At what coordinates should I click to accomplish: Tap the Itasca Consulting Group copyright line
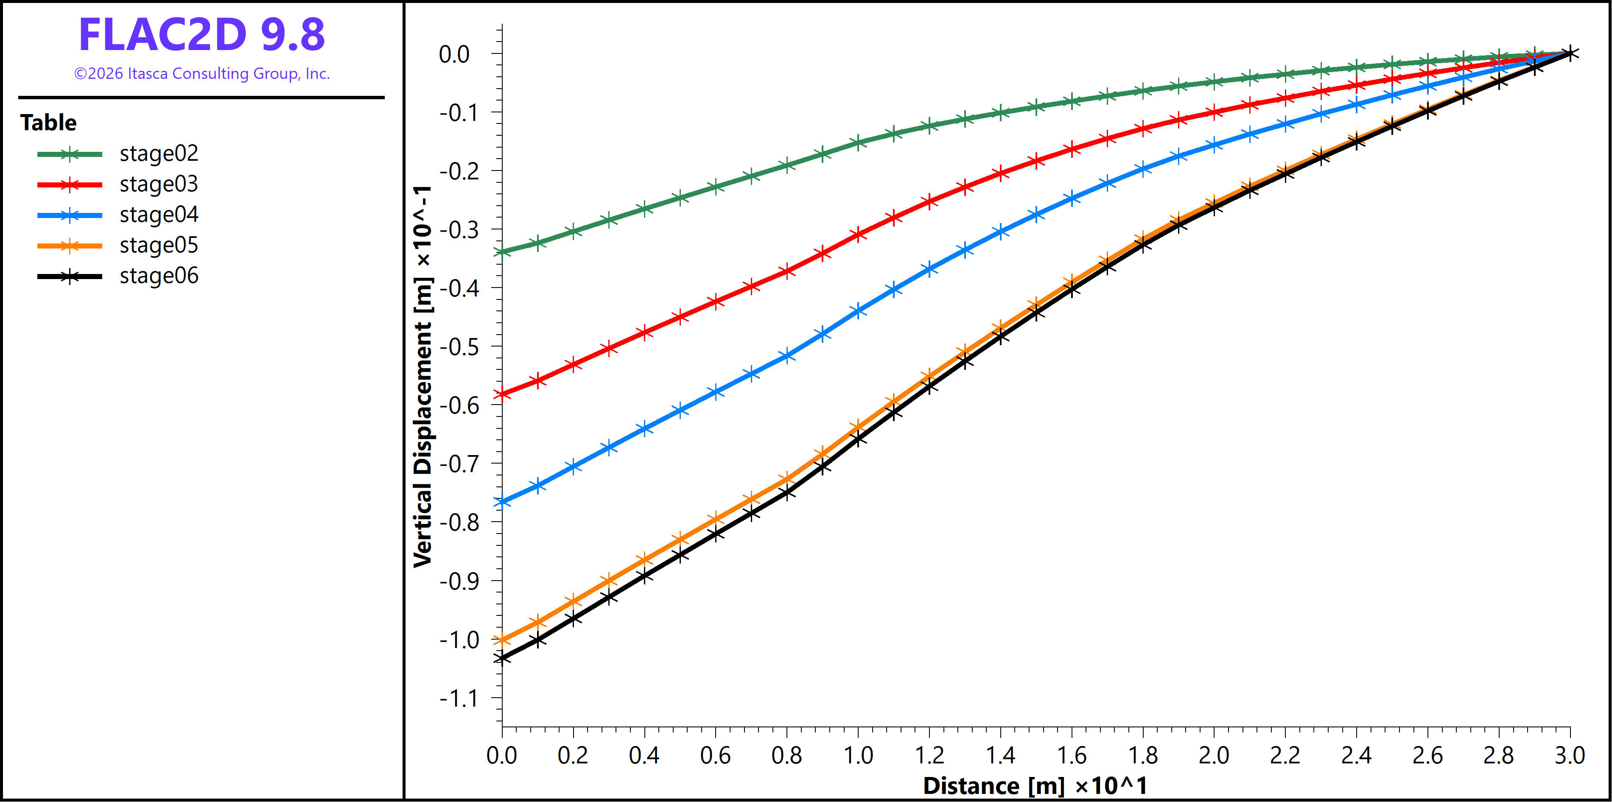click(x=201, y=74)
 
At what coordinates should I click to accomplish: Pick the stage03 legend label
click(x=159, y=184)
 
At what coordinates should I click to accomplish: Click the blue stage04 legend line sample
click(x=70, y=215)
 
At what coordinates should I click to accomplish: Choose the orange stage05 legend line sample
click(x=70, y=246)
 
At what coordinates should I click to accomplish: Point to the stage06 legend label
click(x=159, y=276)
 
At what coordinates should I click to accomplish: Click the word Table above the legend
click(x=48, y=123)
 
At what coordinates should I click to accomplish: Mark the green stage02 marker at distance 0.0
click(x=502, y=252)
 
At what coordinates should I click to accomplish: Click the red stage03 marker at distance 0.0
click(x=502, y=394)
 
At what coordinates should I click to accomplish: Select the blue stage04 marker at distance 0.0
click(x=502, y=502)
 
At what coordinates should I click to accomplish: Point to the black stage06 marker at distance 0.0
click(x=502, y=658)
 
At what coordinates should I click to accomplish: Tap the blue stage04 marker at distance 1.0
click(x=858, y=310)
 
